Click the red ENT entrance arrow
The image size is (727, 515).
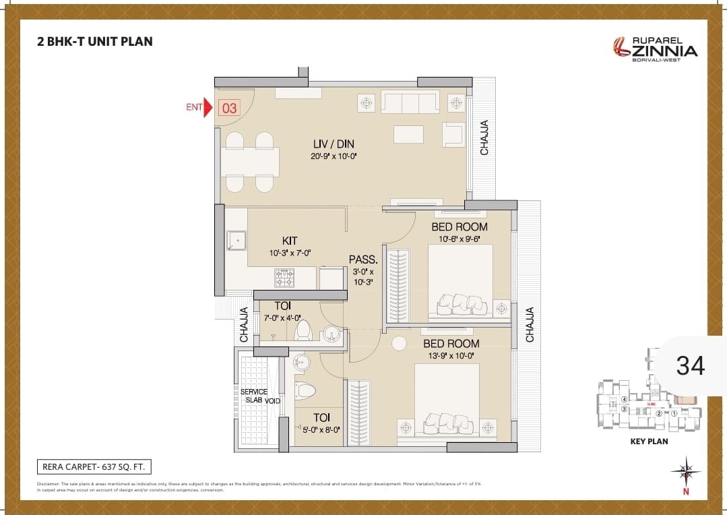click(208, 108)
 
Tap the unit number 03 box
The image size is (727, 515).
click(229, 108)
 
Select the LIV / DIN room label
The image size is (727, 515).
click(333, 144)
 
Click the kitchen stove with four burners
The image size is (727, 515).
click(284, 278)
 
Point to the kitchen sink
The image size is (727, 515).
click(236, 241)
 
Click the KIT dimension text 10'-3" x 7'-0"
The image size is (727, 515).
click(290, 253)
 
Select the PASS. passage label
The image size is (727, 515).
click(363, 260)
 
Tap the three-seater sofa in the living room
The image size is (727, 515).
click(410, 103)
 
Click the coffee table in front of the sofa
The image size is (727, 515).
click(408, 134)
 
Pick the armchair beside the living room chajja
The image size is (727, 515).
click(453, 133)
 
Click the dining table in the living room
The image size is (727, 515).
click(250, 162)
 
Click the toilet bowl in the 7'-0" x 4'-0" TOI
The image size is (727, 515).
click(303, 330)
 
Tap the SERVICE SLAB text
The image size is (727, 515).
click(254, 396)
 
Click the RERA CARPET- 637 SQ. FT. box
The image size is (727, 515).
click(94, 466)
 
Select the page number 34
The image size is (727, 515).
click(690, 365)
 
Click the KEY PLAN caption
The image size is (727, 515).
click(649, 442)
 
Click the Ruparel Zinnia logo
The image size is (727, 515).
click(655, 48)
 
